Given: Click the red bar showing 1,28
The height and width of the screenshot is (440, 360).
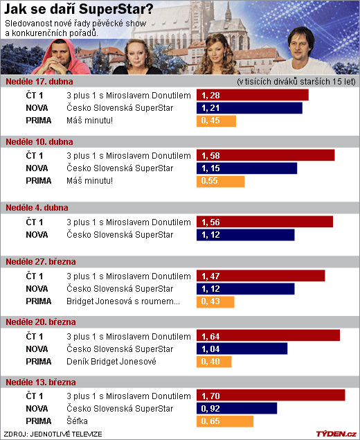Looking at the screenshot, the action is coord(252,95).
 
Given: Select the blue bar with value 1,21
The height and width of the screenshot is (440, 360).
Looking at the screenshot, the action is coord(249,108).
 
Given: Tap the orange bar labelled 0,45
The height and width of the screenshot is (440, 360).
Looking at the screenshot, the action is coord(216,121).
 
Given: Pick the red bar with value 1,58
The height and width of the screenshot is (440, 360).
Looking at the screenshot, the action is coord(266,155).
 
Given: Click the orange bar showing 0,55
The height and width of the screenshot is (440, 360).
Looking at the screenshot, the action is coord(220,182).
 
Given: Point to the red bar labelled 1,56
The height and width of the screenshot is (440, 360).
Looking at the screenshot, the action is coord(264,222).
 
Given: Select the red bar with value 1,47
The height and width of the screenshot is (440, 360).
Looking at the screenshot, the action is coord(261,276).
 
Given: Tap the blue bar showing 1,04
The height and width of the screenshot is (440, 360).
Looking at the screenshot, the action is coord(242,349).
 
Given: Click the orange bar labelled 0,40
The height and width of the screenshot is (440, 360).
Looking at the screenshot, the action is coord(214,362).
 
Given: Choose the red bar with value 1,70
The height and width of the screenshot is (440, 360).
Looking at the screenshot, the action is coord(271,395).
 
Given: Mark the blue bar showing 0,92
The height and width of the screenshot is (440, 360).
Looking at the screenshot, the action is coord(237,408).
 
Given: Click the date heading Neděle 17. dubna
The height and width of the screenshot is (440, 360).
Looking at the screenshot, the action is coord(39,82).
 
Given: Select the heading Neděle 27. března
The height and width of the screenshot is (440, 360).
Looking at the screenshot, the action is coord(41,262).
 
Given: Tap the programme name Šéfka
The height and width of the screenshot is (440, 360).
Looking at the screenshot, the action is coord(77,421).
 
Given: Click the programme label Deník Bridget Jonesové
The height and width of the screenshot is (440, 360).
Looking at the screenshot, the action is coord(111,362).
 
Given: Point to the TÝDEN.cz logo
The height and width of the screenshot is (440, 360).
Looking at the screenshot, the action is coord(336,434).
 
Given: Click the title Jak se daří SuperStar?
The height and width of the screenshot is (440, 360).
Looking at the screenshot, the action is coord(78,9).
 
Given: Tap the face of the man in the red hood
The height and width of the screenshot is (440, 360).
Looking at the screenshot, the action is coord(60,55).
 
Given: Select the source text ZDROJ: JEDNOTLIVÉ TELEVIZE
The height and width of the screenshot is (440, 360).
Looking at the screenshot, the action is coord(53,434).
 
